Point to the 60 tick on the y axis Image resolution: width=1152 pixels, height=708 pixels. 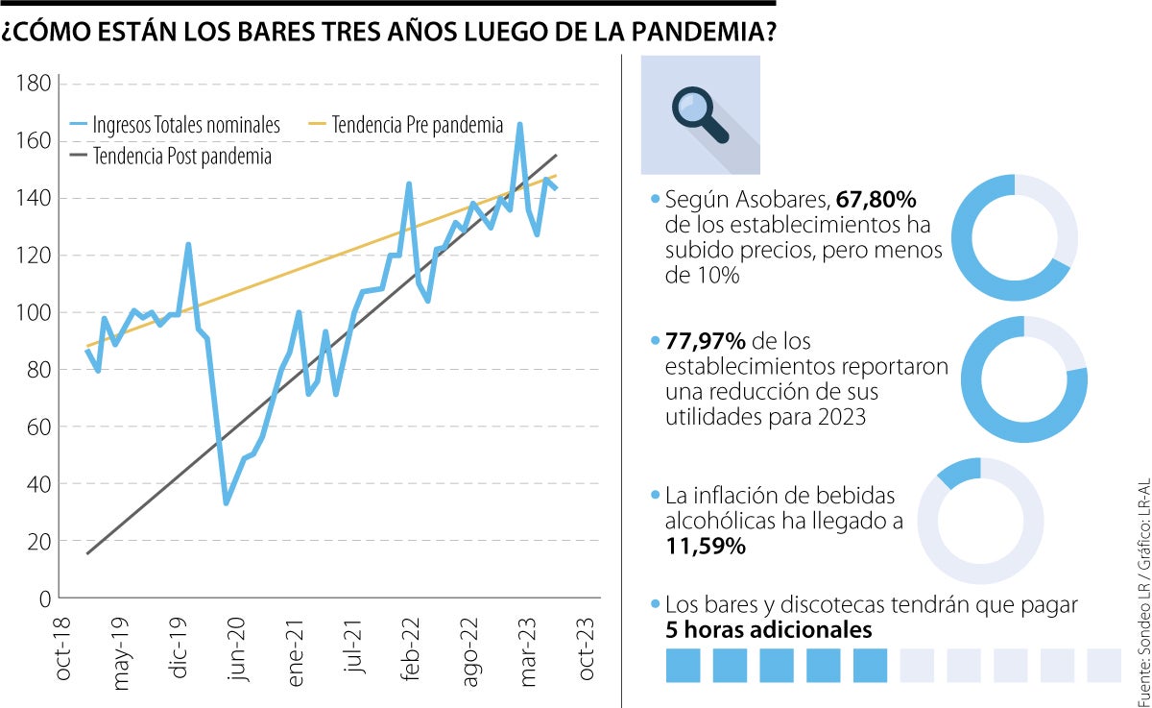[x=38, y=427]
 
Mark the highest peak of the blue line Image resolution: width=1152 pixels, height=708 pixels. [x=519, y=124]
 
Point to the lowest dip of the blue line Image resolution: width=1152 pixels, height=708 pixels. [x=226, y=502]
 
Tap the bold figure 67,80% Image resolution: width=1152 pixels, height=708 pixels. [x=876, y=200]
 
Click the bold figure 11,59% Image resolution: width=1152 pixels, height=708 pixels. [x=705, y=547]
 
